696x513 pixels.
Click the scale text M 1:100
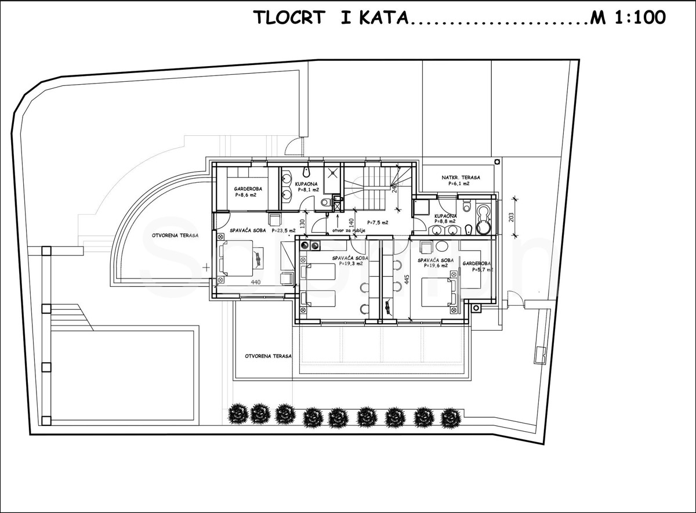click(x=629, y=18)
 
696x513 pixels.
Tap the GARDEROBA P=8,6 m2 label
click(x=246, y=192)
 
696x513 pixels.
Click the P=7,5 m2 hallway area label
click(x=378, y=222)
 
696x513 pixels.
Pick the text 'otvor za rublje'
click(x=349, y=230)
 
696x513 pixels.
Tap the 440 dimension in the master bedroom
click(x=256, y=282)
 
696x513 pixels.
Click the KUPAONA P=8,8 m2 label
click(x=445, y=218)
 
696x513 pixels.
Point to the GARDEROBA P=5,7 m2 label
click(x=477, y=266)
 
